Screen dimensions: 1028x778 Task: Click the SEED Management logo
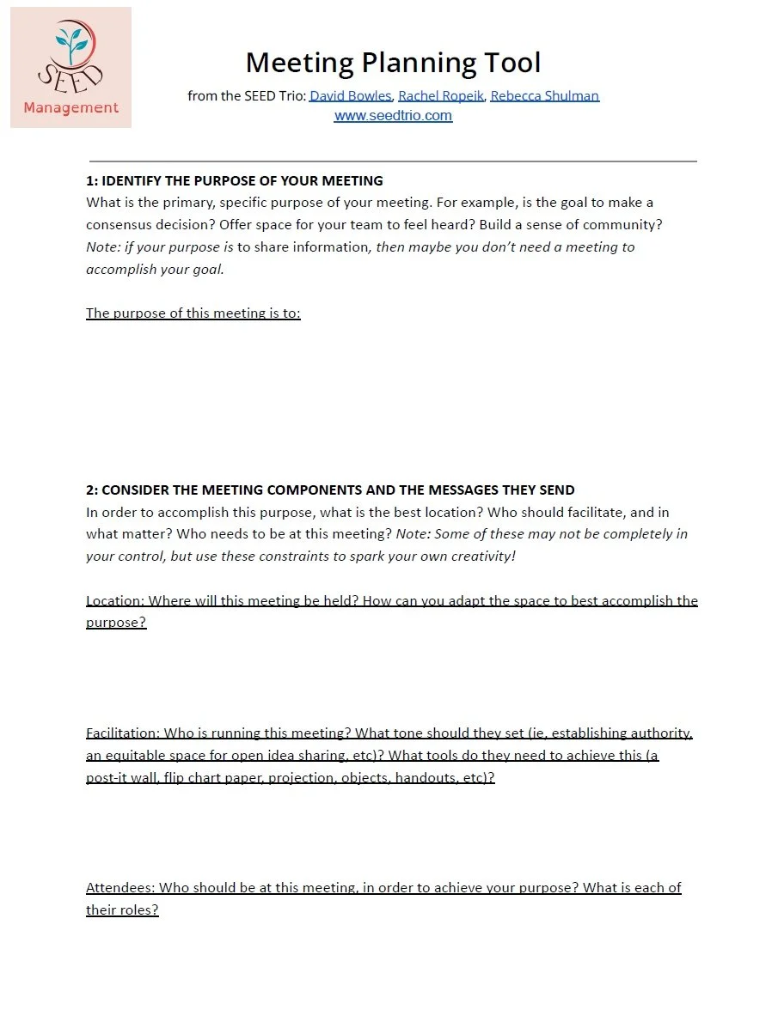(70, 68)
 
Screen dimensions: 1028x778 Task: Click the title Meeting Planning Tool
(393, 63)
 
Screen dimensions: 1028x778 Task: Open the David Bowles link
(351, 95)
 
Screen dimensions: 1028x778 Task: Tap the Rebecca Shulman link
(544, 95)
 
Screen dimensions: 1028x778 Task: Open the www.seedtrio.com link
(393, 115)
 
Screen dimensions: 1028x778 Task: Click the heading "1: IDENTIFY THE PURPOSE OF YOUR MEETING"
(235, 180)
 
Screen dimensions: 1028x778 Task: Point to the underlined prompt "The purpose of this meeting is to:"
(193, 313)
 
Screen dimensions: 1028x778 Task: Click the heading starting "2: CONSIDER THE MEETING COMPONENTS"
(330, 490)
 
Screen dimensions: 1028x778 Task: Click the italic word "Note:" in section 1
(103, 246)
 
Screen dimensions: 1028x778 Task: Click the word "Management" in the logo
(71, 107)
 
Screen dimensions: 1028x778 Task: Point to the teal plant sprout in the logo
(70, 43)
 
